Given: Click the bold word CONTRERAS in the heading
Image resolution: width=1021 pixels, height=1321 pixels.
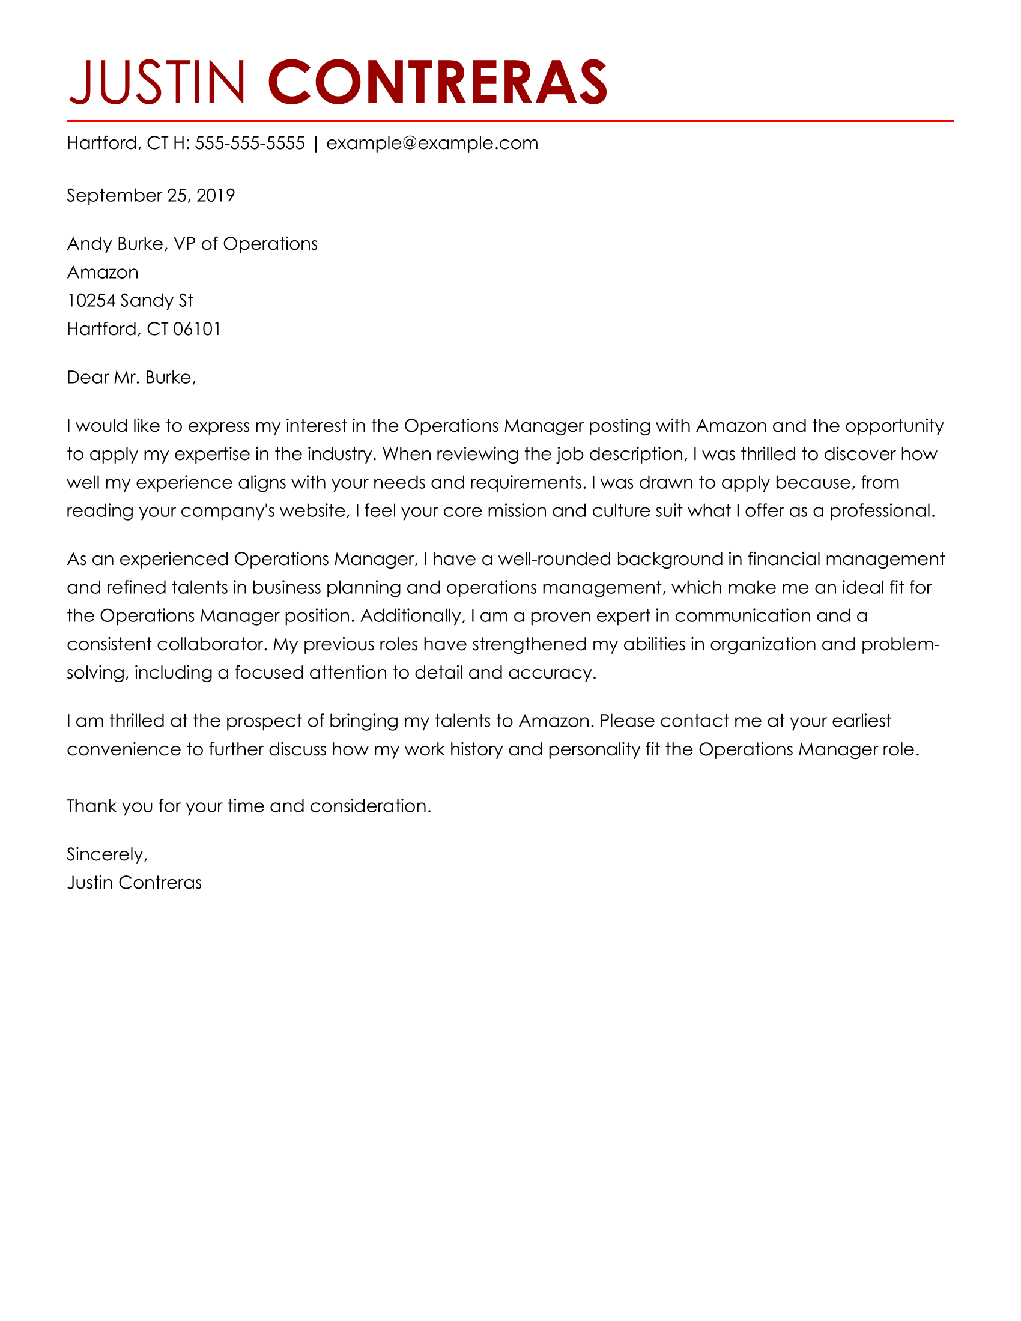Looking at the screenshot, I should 437,82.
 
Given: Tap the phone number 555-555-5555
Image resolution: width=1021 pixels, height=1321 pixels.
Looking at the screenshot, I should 250,144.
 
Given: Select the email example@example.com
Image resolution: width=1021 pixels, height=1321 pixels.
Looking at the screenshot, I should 432,144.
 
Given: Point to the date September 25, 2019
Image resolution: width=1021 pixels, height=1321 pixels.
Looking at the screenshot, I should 151,195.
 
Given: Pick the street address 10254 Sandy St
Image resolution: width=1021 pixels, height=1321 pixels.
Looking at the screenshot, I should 130,301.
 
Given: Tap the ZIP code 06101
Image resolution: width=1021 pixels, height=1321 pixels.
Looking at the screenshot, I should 197,329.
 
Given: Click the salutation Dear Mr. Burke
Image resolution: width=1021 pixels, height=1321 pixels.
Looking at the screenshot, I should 132,378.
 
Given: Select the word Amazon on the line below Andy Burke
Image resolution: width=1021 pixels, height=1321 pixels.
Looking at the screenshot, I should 103,272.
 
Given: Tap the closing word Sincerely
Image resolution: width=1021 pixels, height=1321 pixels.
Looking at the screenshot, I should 106,854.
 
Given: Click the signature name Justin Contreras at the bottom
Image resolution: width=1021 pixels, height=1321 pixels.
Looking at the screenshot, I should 135,883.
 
